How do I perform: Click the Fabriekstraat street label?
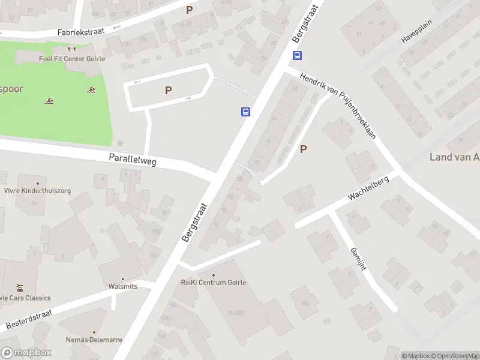pyautogui.click(x=81, y=32)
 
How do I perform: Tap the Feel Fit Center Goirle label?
pyautogui.click(x=72, y=59)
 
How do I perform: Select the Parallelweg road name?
pyautogui.click(x=133, y=159)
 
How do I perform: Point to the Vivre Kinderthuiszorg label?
pyautogui.click(x=37, y=191)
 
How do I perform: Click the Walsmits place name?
pyautogui.click(x=123, y=286)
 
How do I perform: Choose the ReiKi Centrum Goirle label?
pyautogui.click(x=214, y=283)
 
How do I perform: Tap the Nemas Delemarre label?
pyautogui.click(x=94, y=340)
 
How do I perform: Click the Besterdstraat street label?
pyautogui.click(x=29, y=319)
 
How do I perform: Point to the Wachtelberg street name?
pyautogui.click(x=368, y=188)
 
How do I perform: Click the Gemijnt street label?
pyautogui.click(x=357, y=258)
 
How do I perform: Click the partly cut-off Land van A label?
pyautogui.click(x=454, y=157)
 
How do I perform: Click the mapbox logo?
pyautogui.click(x=26, y=353)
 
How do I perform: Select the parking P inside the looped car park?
pyautogui.click(x=169, y=90)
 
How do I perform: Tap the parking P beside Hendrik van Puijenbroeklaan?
pyautogui.click(x=304, y=149)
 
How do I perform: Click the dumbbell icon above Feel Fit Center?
pyautogui.click(x=72, y=49)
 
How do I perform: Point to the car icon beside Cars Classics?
pyautogui.click(x=20, y=287)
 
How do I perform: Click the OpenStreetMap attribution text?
pyautogui.click(x=454, y=356)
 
